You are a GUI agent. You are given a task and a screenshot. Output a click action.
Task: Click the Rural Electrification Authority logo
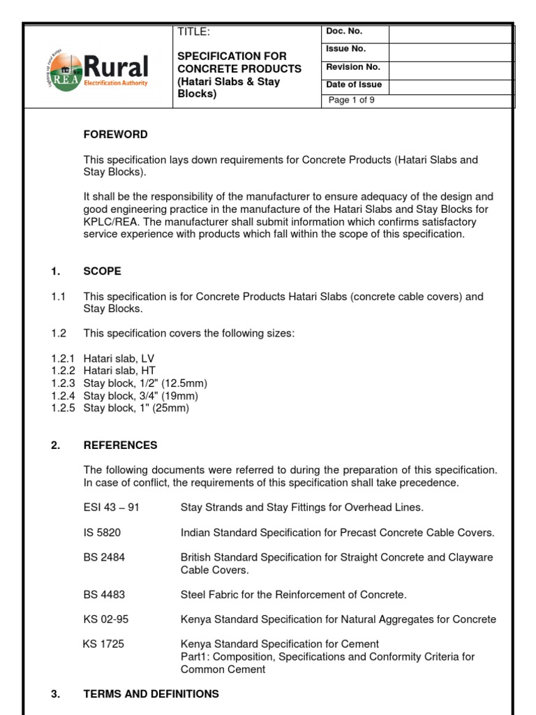point(98,67)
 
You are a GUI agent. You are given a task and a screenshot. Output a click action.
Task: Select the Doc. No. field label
point(345,31)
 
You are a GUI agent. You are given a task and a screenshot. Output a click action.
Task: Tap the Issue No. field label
point(346,49)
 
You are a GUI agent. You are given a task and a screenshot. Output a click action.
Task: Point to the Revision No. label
point(353,67)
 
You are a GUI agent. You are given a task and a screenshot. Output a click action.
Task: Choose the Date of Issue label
point(354,85)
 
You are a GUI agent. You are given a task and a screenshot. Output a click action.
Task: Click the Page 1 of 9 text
point(352,100)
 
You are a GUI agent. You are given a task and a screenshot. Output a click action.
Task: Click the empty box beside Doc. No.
point(450,33)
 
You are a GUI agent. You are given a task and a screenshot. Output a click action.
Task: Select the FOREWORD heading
point(115,134)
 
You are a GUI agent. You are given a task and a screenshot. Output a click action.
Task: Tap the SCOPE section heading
point(102,271)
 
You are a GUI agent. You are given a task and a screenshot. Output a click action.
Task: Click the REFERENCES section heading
point(120,445)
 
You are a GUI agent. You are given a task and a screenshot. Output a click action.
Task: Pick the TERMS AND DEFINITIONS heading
point(151,694)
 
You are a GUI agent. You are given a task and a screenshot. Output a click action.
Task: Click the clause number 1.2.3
point(64,383)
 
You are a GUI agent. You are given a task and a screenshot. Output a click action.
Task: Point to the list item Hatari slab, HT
point(119,371)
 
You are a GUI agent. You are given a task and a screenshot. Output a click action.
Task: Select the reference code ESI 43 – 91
point(112,507)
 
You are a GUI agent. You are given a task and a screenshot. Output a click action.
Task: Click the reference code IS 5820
point(102,532)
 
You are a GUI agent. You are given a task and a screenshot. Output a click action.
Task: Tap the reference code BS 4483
point(104,594)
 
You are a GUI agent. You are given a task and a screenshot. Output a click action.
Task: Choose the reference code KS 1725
point(103,644)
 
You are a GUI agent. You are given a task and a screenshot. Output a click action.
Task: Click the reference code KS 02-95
point(105,619)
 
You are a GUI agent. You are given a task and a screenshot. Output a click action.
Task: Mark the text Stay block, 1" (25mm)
point(136,408)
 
